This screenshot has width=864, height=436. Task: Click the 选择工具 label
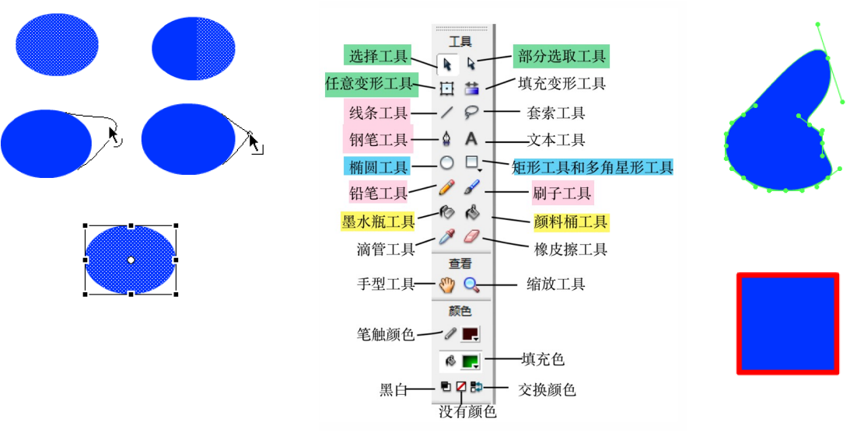pyautogui.click(x=378, y=56)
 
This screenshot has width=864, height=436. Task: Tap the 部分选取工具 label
pyautogui.click(x=561, y=56)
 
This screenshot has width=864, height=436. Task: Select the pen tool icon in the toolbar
pyautogui.click(x=446, y=140)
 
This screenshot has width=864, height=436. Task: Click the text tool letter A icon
pyautogui.click(x=471, y=139)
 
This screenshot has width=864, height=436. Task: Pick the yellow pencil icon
pyautogui.click(x=446, y=188)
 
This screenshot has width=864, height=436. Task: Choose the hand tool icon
pyautogui.click(x=446, y=284)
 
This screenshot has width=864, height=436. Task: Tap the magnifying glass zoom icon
pyautogui.click(x=471, y=284)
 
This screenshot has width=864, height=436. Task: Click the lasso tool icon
pyautogui.click(x=471, y=113)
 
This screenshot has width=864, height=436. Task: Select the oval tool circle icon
pyautogui.click(x=446, y=163)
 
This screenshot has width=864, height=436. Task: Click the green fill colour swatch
pyautogui.click(x=470, y=361)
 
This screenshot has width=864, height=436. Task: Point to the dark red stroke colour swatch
pyautogui.click(x=470, y=334)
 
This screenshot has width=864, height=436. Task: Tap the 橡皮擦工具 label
pyautogui.click(x=571, y=249)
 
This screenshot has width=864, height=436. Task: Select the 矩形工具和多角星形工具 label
pyautogui.click(x=593, y=167)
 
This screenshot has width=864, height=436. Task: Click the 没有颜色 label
pyautogui.click(x=467, y=412)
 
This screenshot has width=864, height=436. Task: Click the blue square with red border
pyautogui.click(x=788, y=323)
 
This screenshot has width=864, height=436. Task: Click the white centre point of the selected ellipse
pyautogui.click(x=131, y=260)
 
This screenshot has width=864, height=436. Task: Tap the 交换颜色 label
pyautogui.click(x=547, y=389)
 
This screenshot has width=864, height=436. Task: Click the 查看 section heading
pyautogui.click(x=460, y=264)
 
